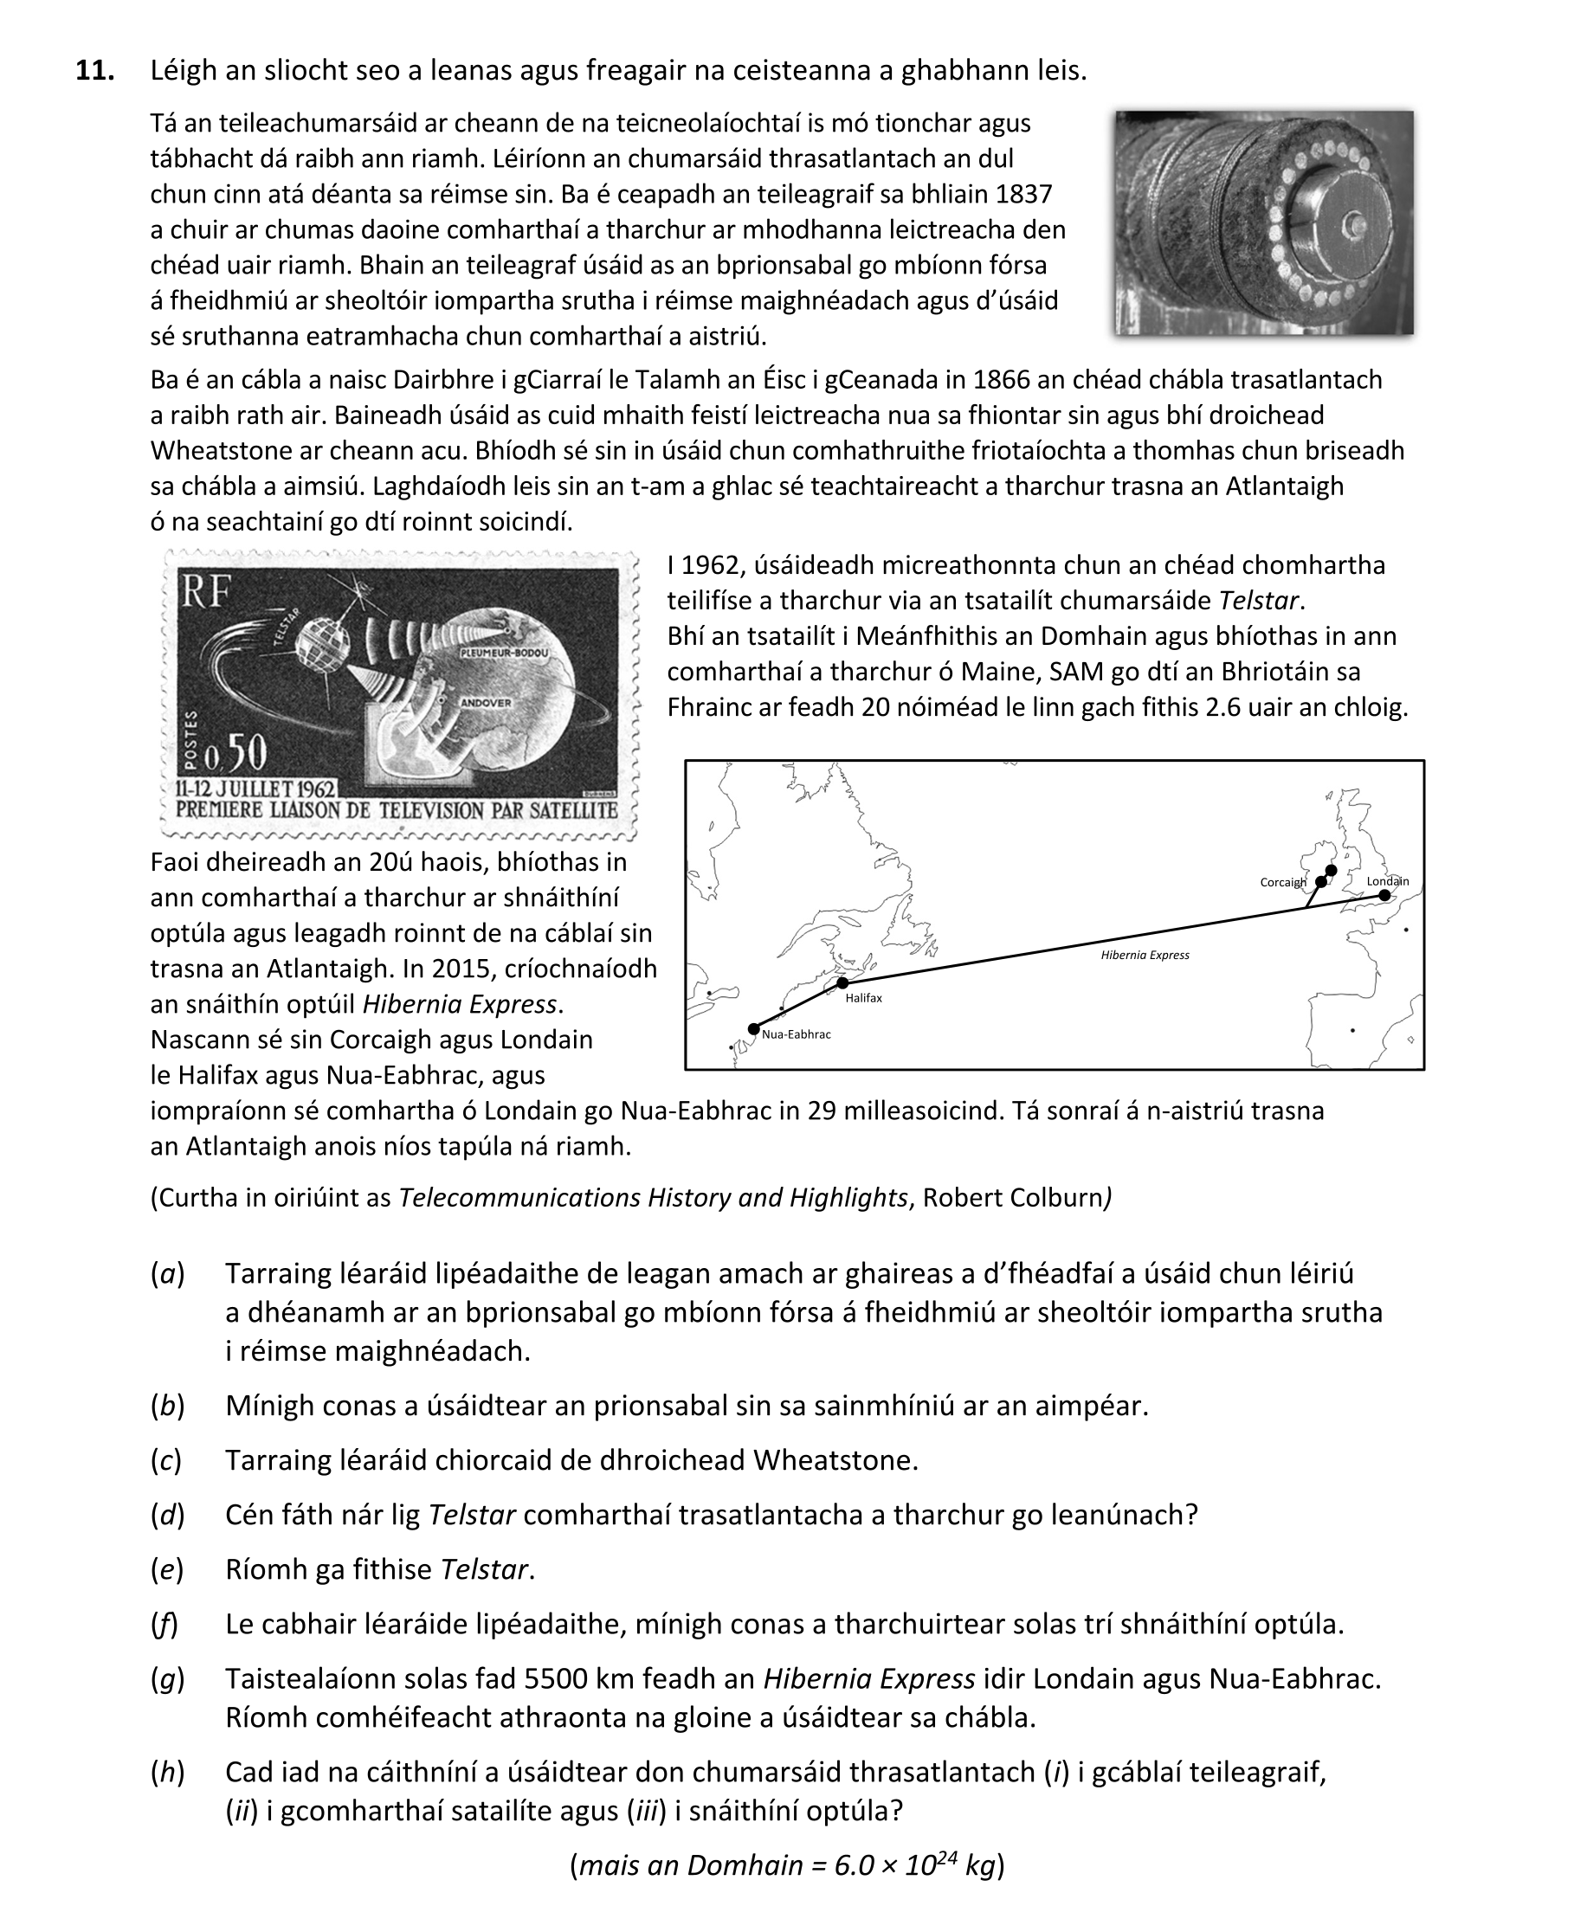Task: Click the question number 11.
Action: pyautogui.click(x=94, y=71)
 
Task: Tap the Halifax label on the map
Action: pyautogui.click(x=863, y=998)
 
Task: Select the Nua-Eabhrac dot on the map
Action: pyautogui.click(x=753, y=1028)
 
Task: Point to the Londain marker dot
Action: pyautogui.click(x=1384, y=896)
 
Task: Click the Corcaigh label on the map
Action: pyautogui.click(x=1282, y=882)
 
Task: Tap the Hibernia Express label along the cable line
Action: pyautogui.click(x=1145, y=955)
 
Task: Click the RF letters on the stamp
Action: pyautogui.click(x=206, y=593)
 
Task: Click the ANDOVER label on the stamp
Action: pyautogui.click(x=485, y=702)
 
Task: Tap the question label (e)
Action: pyautogui.click(x=167, y=1568)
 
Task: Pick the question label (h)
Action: pyautogui.click(x=167, y=1772)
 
